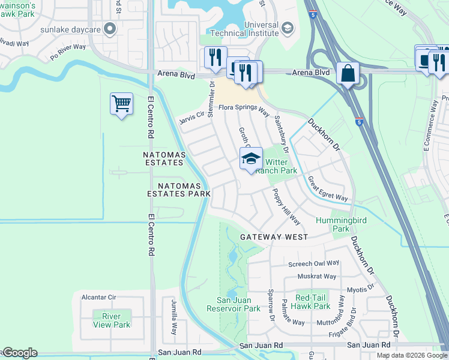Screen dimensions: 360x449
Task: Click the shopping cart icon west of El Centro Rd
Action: point(121,104)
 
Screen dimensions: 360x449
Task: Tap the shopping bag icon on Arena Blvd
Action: point(348,74)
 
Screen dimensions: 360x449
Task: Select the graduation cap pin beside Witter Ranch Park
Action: point(252,159)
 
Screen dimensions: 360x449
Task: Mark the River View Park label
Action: point(112,320)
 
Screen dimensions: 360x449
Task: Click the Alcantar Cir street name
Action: point(99,297)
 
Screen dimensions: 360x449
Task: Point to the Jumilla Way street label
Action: point(174,317)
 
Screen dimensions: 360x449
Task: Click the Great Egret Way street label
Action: point(328,189)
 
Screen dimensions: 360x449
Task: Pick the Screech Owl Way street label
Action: point(314,263)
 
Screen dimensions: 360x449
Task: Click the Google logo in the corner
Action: point(19,353)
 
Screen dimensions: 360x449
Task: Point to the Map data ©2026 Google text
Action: point(412,355)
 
